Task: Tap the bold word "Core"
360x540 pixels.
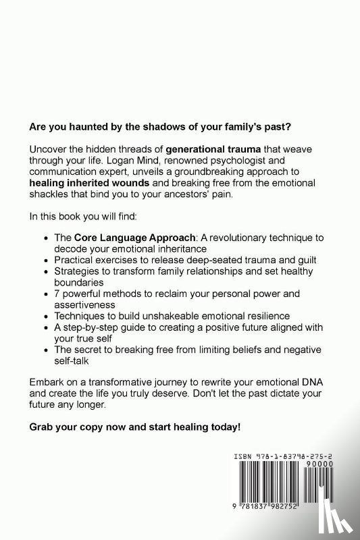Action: pos(87,238)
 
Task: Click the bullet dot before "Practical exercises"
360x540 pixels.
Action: pos(46,261)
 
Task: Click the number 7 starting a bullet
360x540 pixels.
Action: pos(56,294)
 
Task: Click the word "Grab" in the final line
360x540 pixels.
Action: pos(42,427)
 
